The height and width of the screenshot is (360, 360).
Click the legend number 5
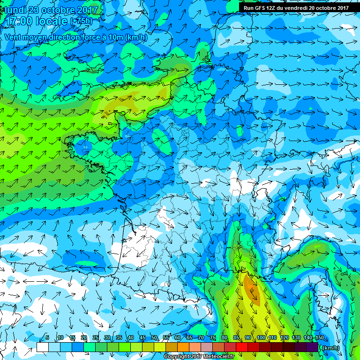pyautogui.click(x=47, y=338)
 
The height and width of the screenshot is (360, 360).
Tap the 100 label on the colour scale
pyautogui.click(x=261, y=338)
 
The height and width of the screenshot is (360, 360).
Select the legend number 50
pyautogui.click(x=154, y=338)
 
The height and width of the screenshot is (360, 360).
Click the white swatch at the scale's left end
pyautogui.click(x=43, y=347)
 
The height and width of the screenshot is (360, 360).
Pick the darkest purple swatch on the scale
pyautogui.click(x=313, y=347)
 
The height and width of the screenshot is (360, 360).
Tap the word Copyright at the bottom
pyautogui.click(x=177, y=357)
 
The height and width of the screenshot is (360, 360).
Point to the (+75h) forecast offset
pyautogui.click(x=81, y=22)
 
